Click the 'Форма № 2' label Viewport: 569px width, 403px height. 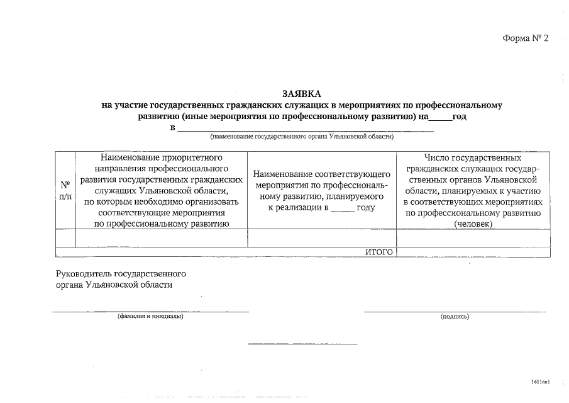tap(526, 38)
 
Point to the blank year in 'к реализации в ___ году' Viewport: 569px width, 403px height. tap(343, 208)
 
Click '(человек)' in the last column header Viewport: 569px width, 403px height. tap(473, 224)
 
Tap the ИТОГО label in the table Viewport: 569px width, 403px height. tap(379, 253)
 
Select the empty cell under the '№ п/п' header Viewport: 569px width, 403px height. tap(65, 238)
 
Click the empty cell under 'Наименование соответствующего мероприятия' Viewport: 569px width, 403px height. tap(322, 238)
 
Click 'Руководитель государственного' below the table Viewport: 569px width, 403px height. tap(121, 274)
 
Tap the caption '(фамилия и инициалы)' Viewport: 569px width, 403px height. tap(150, 316)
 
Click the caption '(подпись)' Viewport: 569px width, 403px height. tap(455, 317)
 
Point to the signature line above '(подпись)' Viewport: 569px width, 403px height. tap(455, 311)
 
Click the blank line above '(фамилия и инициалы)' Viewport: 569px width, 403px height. tap(150, 311)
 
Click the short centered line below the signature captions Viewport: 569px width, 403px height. tap(302, 344)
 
